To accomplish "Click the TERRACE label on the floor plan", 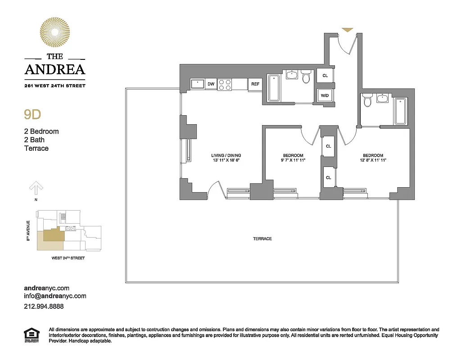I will (x=262, y=238).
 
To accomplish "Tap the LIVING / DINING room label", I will (x=229, y=156).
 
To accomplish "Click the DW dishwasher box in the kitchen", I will (x=211, y=84).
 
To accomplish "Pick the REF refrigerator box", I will (x=255, y=84).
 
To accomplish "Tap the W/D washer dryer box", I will (x=325, y=95).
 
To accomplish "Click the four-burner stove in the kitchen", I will (x=225, y=84).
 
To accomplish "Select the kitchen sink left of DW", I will (x=197, y=84).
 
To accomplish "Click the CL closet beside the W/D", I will (x=325, y=76).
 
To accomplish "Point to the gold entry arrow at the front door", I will (x=347, y=30).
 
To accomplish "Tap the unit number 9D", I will (x=32, y=114).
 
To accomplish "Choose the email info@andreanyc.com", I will (x=55, y=296).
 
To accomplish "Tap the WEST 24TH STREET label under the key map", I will (x=68, y=258).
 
